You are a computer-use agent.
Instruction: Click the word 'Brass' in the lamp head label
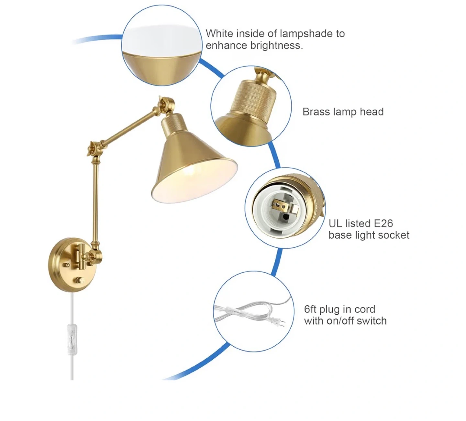coord(316,112)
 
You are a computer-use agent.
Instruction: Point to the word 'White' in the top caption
coord(219,33)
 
